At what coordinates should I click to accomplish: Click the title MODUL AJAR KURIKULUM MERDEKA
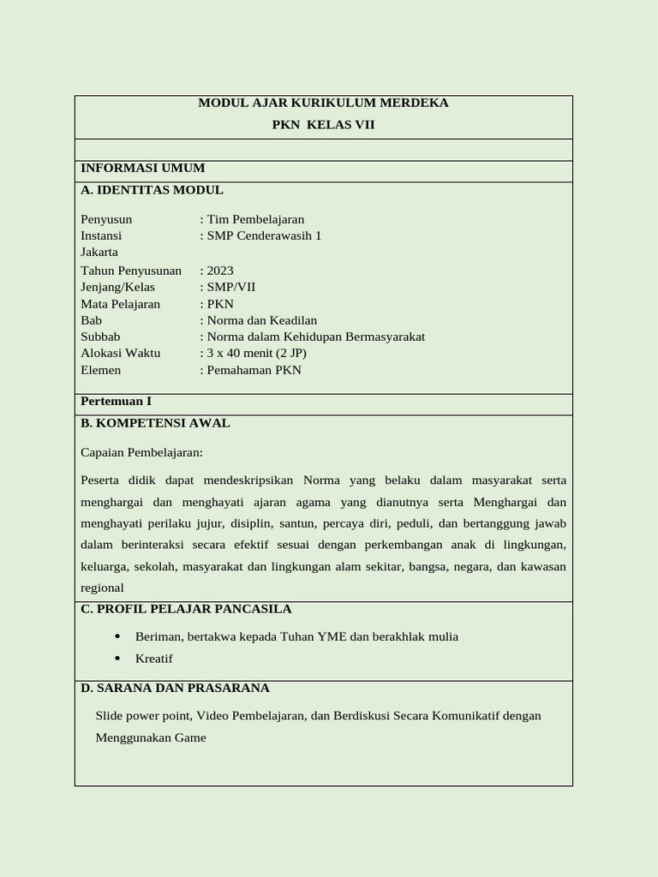(323, 103)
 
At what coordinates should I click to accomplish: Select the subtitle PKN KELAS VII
(323, 125)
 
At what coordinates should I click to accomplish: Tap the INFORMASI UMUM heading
(142, 168)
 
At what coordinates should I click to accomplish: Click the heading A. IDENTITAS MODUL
(152, 190)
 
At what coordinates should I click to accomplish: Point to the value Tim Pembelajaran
(255, 219)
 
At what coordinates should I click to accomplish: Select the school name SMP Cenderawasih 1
(264, 236)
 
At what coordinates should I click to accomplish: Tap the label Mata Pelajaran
(120, 304)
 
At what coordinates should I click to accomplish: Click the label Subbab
(100, 337)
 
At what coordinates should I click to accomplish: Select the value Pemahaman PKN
(254, 370)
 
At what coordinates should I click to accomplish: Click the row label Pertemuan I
(116, 401)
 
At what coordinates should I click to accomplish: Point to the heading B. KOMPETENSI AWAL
(155, 423)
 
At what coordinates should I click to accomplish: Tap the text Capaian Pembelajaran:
(141, 452)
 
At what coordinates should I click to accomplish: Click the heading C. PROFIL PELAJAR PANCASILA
(186, 609)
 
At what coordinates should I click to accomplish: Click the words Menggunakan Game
(151, 737)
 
